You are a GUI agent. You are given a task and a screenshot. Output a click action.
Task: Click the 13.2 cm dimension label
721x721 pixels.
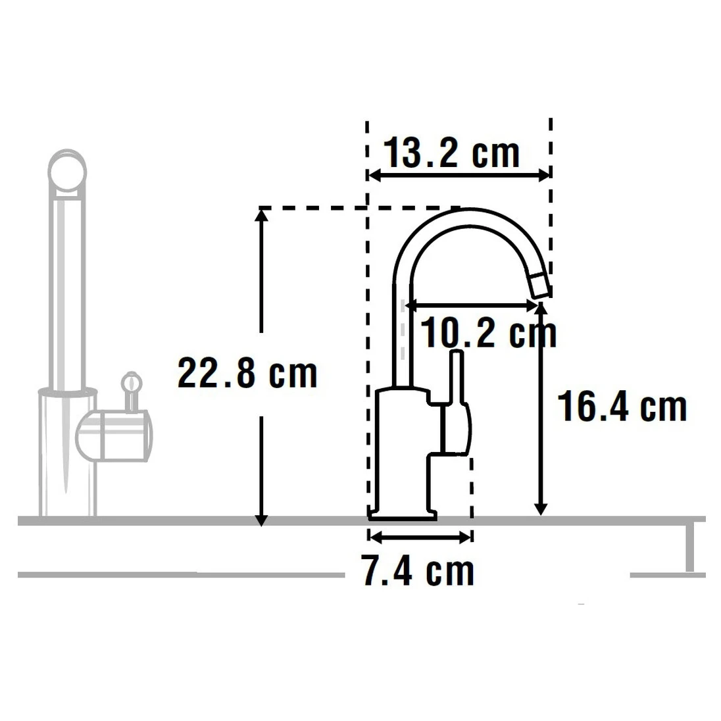[x=451, y=153]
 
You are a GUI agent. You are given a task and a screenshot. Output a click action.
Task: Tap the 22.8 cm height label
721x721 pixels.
[x=247, y=374]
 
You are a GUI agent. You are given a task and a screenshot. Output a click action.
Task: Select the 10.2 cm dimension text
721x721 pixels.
[x=487, y=333]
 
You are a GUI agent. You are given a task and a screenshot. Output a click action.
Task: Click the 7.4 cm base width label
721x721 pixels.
[x=418, y=570]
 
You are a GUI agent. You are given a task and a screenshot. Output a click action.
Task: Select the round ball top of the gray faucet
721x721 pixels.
[x=67, y=172]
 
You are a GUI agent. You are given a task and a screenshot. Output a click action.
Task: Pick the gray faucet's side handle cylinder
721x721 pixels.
[x=114, y=435]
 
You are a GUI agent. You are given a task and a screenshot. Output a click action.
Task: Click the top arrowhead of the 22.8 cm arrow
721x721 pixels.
[x=261, y=214]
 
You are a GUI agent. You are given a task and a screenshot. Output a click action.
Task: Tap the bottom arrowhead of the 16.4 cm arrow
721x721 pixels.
[x=541, y=508]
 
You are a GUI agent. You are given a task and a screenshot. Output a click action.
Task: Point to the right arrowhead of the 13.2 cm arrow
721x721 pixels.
[x=544, y=175]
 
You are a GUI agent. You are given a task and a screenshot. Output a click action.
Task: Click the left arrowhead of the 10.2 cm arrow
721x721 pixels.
[x=410, y=305]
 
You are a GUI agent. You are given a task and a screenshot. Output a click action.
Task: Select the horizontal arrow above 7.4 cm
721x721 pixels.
[x=420, y=537]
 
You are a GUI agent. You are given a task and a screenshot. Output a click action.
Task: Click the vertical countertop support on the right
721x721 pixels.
[x=689, y=548]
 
